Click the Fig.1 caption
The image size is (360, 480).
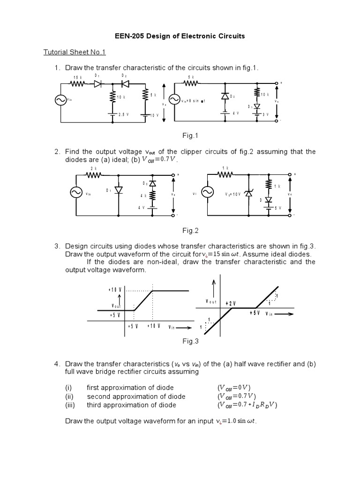(191, 135)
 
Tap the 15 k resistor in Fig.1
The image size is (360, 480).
(78, 84)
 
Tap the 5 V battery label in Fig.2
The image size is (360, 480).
(277, 207)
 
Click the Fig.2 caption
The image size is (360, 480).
(191, 230)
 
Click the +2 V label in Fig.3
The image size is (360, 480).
(230, 303)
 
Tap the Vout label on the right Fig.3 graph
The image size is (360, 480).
(210, 302)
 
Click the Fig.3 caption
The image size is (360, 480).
(191, 342)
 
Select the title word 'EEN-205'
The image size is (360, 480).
(129, 36)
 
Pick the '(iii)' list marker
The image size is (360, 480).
(70, 405)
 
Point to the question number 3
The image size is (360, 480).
(57, 246)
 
